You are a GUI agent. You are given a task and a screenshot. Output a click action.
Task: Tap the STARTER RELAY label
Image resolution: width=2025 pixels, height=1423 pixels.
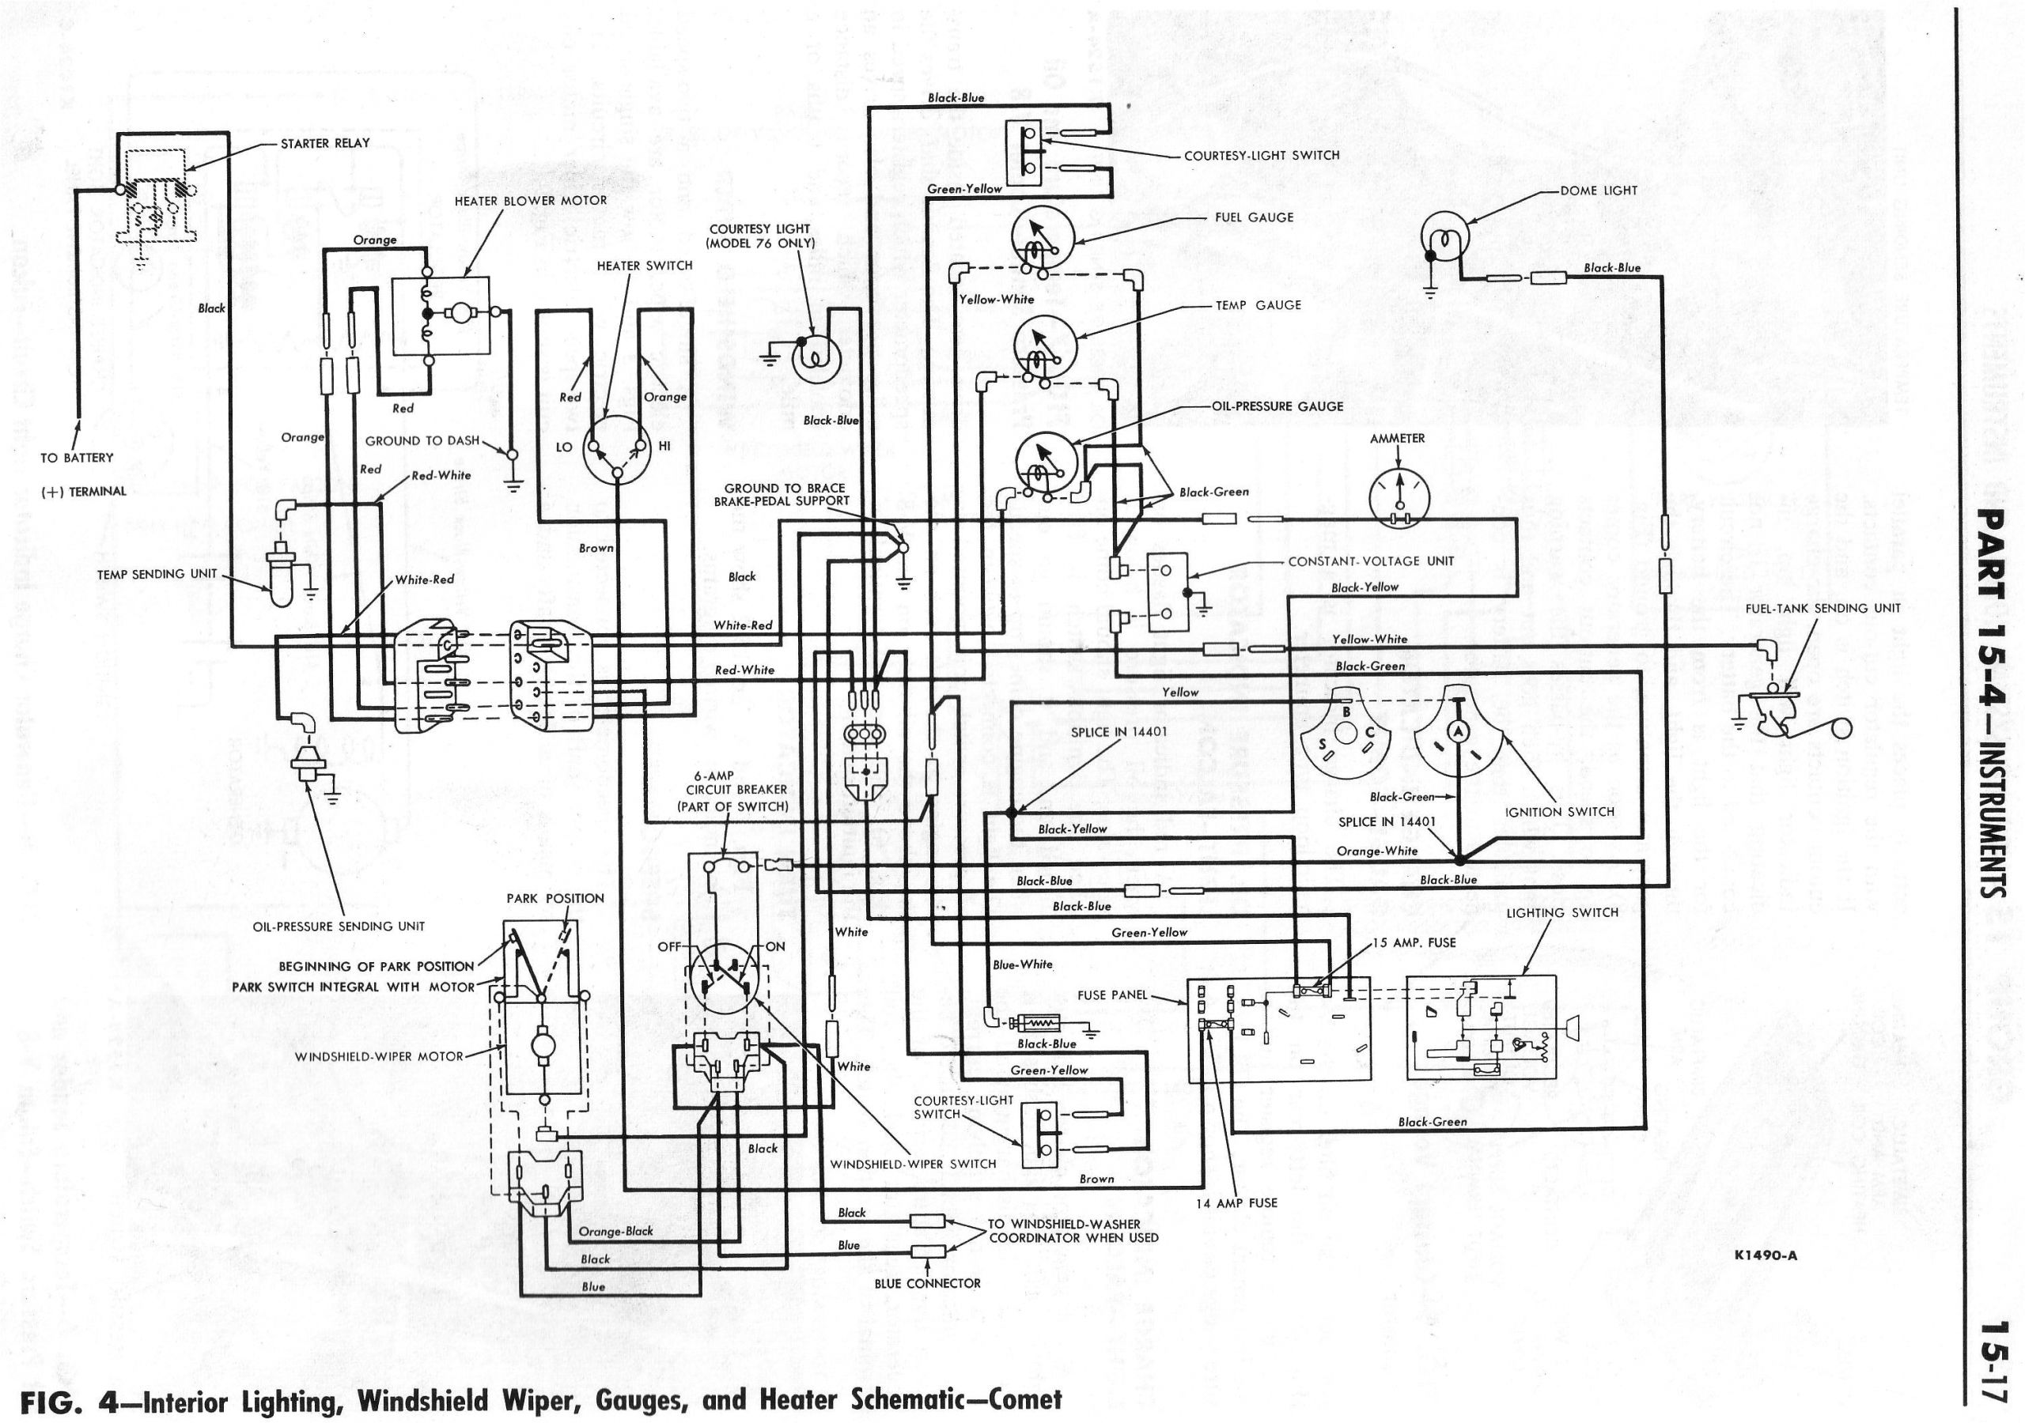coord(324,143)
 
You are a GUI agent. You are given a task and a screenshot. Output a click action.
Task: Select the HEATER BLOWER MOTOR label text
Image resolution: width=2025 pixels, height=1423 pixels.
coord(530,201)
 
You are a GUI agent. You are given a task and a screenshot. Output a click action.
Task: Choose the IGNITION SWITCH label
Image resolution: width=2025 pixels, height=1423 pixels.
coord(1560,811)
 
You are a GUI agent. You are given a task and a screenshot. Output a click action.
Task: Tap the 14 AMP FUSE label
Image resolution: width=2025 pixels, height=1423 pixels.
coord(1236,1202)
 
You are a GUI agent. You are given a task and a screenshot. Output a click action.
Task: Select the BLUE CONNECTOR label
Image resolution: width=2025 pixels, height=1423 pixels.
coord(927,1284)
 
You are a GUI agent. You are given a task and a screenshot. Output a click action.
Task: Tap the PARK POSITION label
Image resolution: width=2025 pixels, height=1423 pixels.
coord(555,898)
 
